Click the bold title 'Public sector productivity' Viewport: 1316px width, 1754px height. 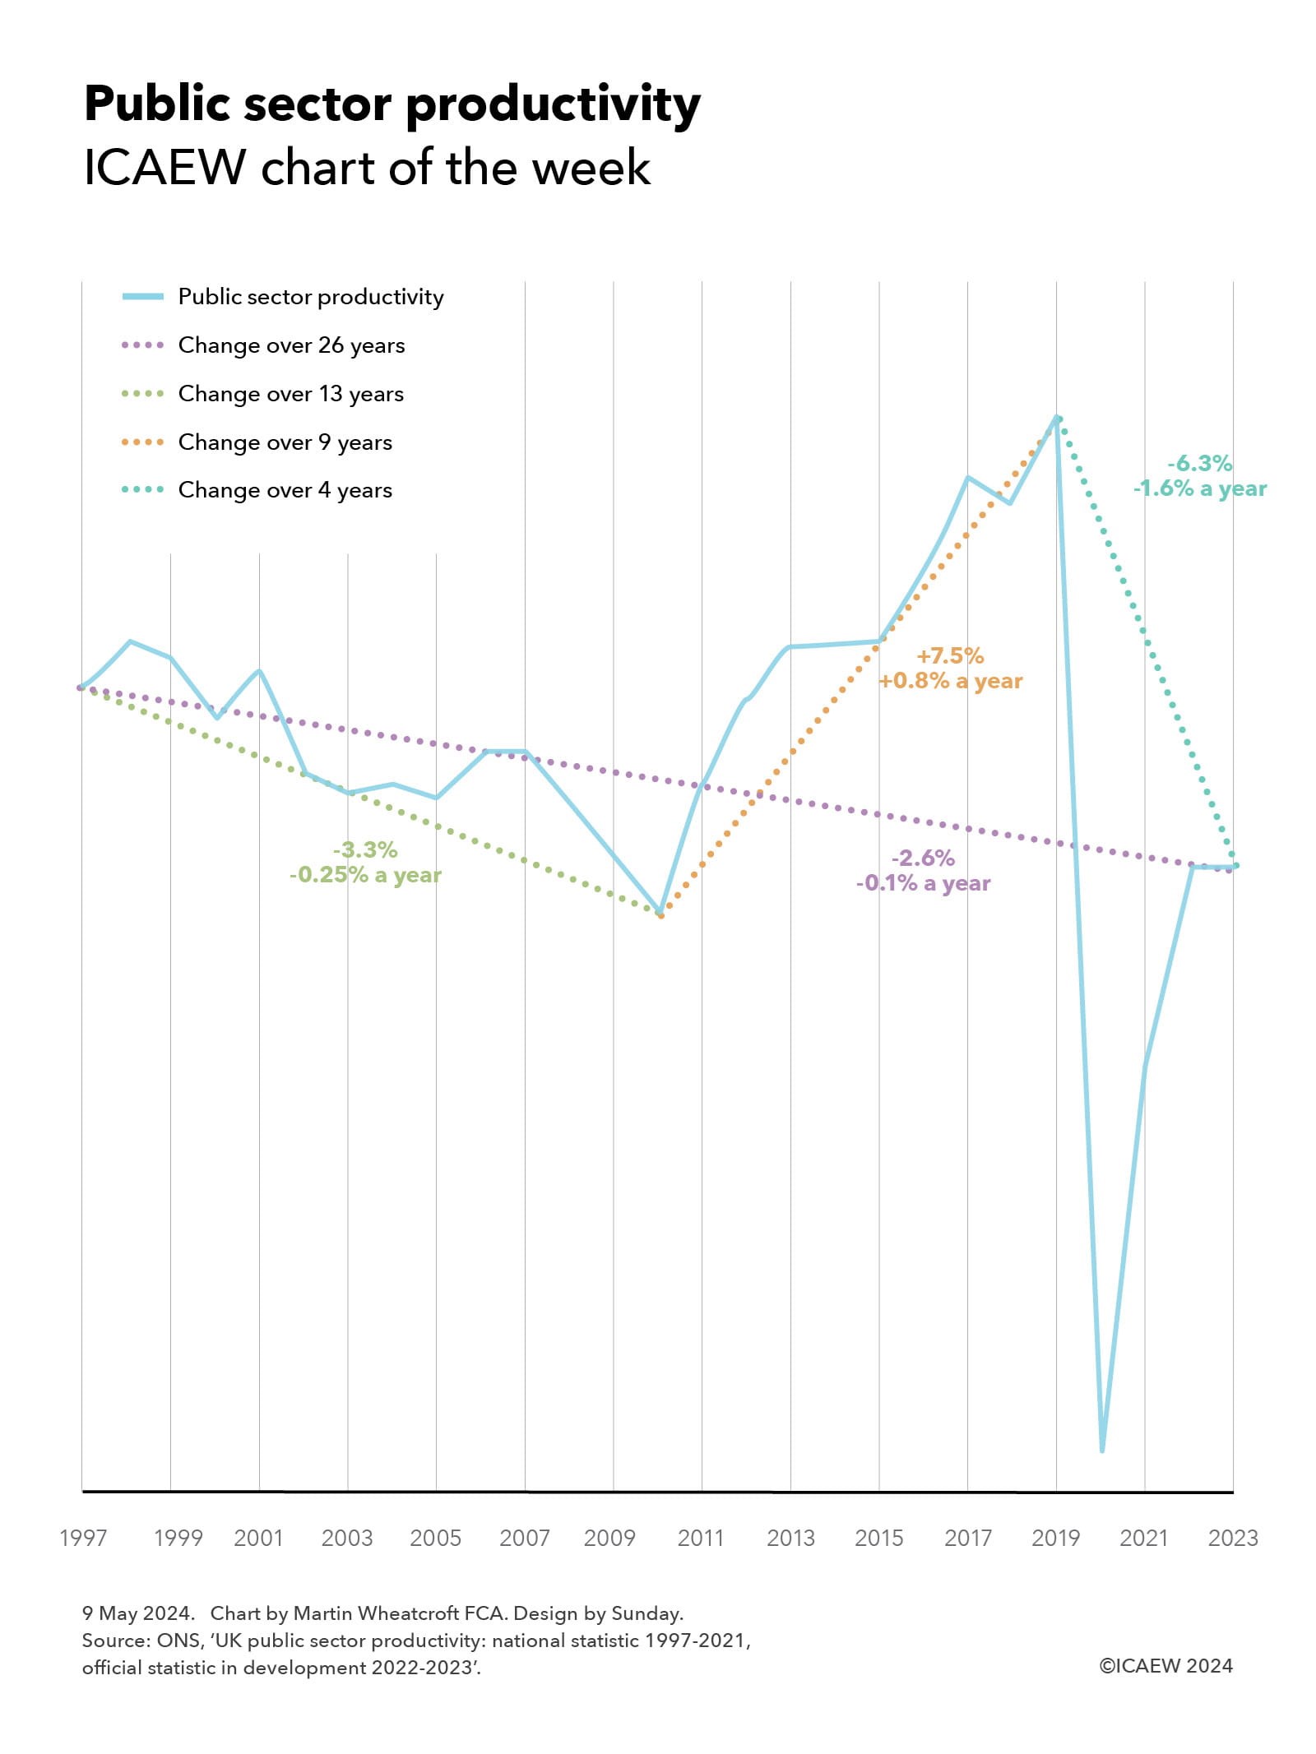coord(392,105)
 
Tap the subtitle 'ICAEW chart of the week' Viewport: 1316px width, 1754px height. coord(367,168)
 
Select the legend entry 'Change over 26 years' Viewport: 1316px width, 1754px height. coord(291,345)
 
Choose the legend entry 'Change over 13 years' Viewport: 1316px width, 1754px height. coord(290,394)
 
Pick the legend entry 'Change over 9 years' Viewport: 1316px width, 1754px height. coord(285,442)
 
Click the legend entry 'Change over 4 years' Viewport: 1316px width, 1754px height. coord(285,490)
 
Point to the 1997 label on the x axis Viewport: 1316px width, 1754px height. coord(83,1538)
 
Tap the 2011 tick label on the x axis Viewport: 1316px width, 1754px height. coord(701,1538)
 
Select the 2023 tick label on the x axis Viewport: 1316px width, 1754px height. coord(1232,1538)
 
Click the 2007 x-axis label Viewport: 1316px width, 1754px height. coord(524,1538)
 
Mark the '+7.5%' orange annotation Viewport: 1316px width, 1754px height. coord(950,655)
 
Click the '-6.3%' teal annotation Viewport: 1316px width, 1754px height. coord(1199,463)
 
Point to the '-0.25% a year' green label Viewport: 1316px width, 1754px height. coord(365,874)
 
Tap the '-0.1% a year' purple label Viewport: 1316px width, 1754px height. coord(923,883)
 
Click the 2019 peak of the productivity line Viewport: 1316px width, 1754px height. coord(1057,418)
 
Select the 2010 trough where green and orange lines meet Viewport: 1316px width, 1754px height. coord(660,914)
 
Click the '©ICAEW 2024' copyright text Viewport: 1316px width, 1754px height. coord(1165,1666)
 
